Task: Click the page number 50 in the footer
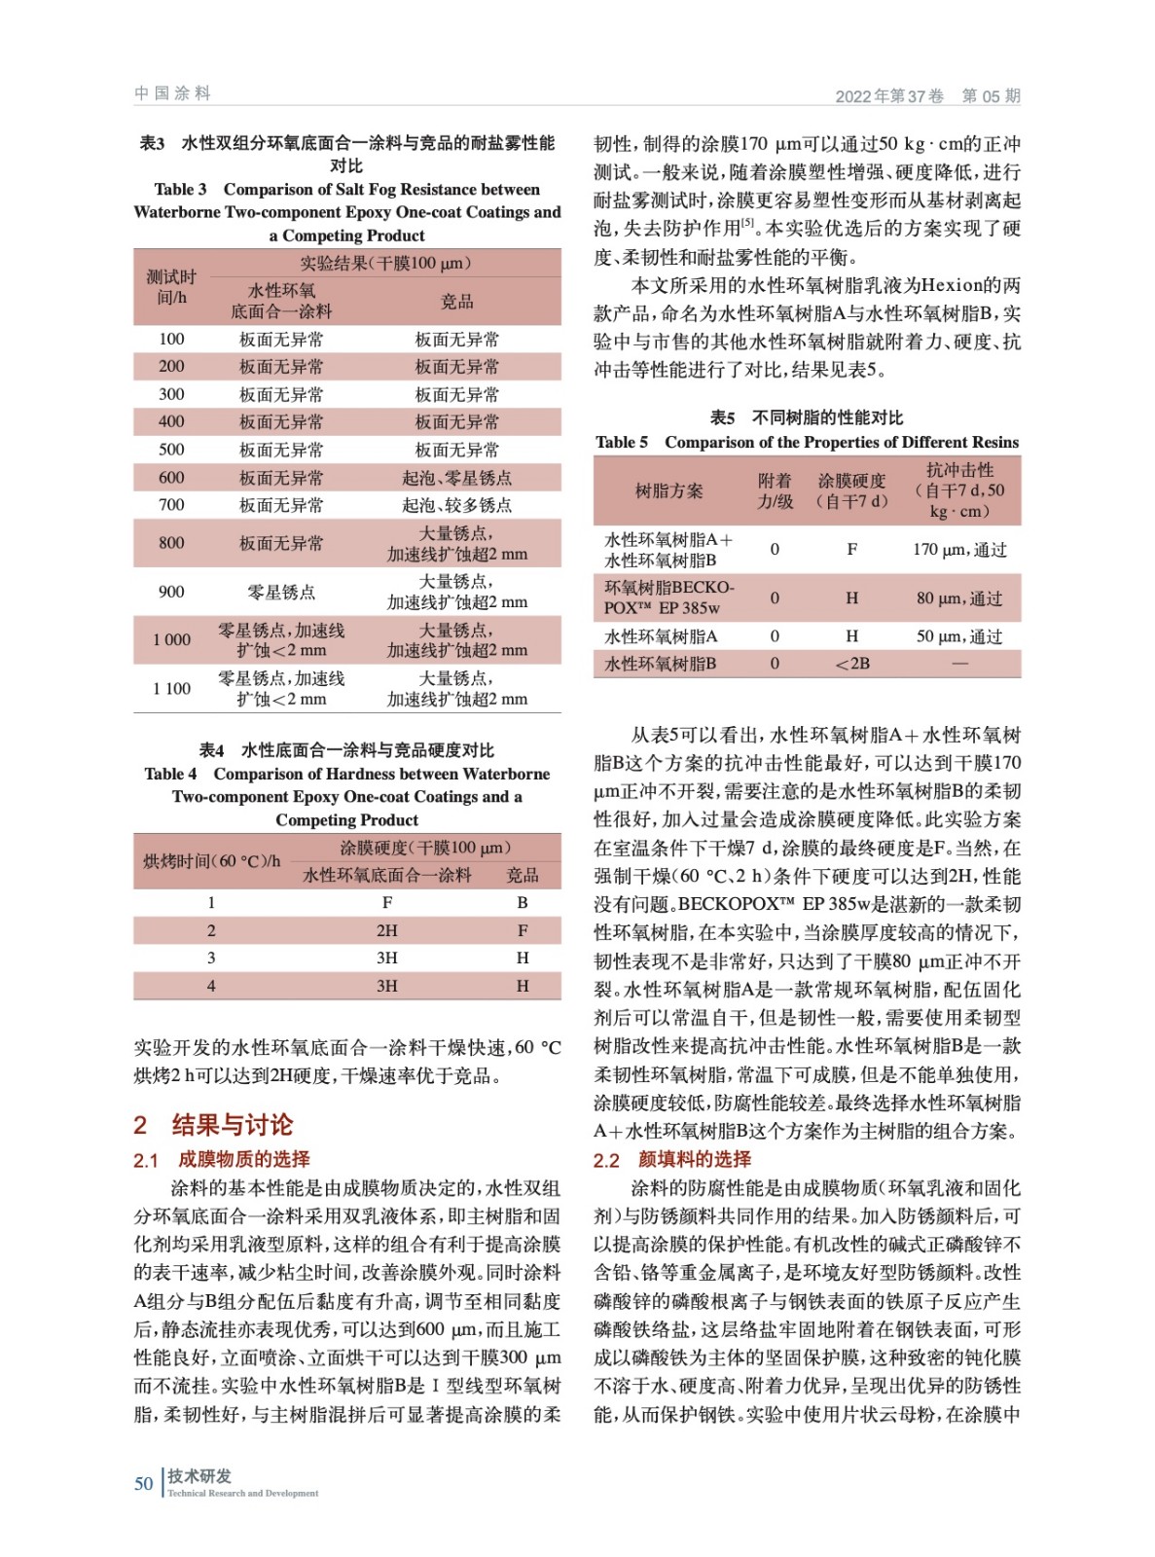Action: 143,1483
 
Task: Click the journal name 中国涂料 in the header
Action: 172,93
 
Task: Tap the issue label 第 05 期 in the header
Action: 991,95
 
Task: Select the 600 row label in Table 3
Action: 171,477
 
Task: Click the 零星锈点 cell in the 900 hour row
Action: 281,592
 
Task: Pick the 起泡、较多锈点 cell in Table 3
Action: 456,505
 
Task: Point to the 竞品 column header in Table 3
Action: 456,302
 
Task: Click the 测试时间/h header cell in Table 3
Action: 171,287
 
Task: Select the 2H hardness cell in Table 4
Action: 386,930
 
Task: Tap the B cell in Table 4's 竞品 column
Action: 523,902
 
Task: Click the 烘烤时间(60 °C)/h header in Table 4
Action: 211,860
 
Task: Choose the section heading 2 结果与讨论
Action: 213,1125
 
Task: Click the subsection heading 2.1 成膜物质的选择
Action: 222,1159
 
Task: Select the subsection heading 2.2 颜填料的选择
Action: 672,1159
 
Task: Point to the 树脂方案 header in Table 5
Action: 668,490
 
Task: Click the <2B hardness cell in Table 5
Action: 851,664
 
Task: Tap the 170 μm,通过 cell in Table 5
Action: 958,550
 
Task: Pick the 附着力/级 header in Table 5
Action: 775,490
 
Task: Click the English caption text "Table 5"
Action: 621,442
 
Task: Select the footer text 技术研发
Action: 199,1475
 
